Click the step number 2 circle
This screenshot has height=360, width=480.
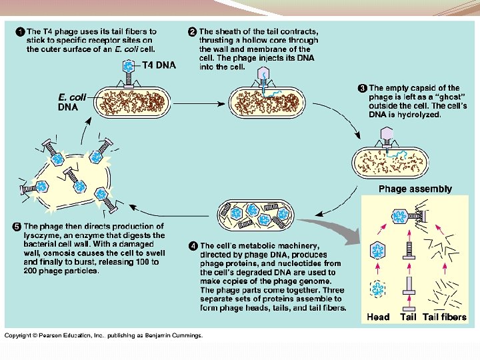(192, 31)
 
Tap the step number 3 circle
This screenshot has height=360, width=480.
(363, 88)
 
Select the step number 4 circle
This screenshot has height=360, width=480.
(193, 246)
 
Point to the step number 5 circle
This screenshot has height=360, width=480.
(17, 227)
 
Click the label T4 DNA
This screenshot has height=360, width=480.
(159, 65)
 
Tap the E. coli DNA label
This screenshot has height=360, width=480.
(73, 101)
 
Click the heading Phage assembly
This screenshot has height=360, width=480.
(415, 189)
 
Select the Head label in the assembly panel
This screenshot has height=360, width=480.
(378, 317)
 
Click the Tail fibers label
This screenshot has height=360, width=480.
(445, 317)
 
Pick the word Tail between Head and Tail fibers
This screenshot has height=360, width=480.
(408, 317)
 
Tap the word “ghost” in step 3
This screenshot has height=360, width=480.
(440, 97)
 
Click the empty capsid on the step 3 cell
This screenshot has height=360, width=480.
(387, 135)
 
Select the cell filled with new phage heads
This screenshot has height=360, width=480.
(256, 213)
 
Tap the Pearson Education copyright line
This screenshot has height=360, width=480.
(103, 335)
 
